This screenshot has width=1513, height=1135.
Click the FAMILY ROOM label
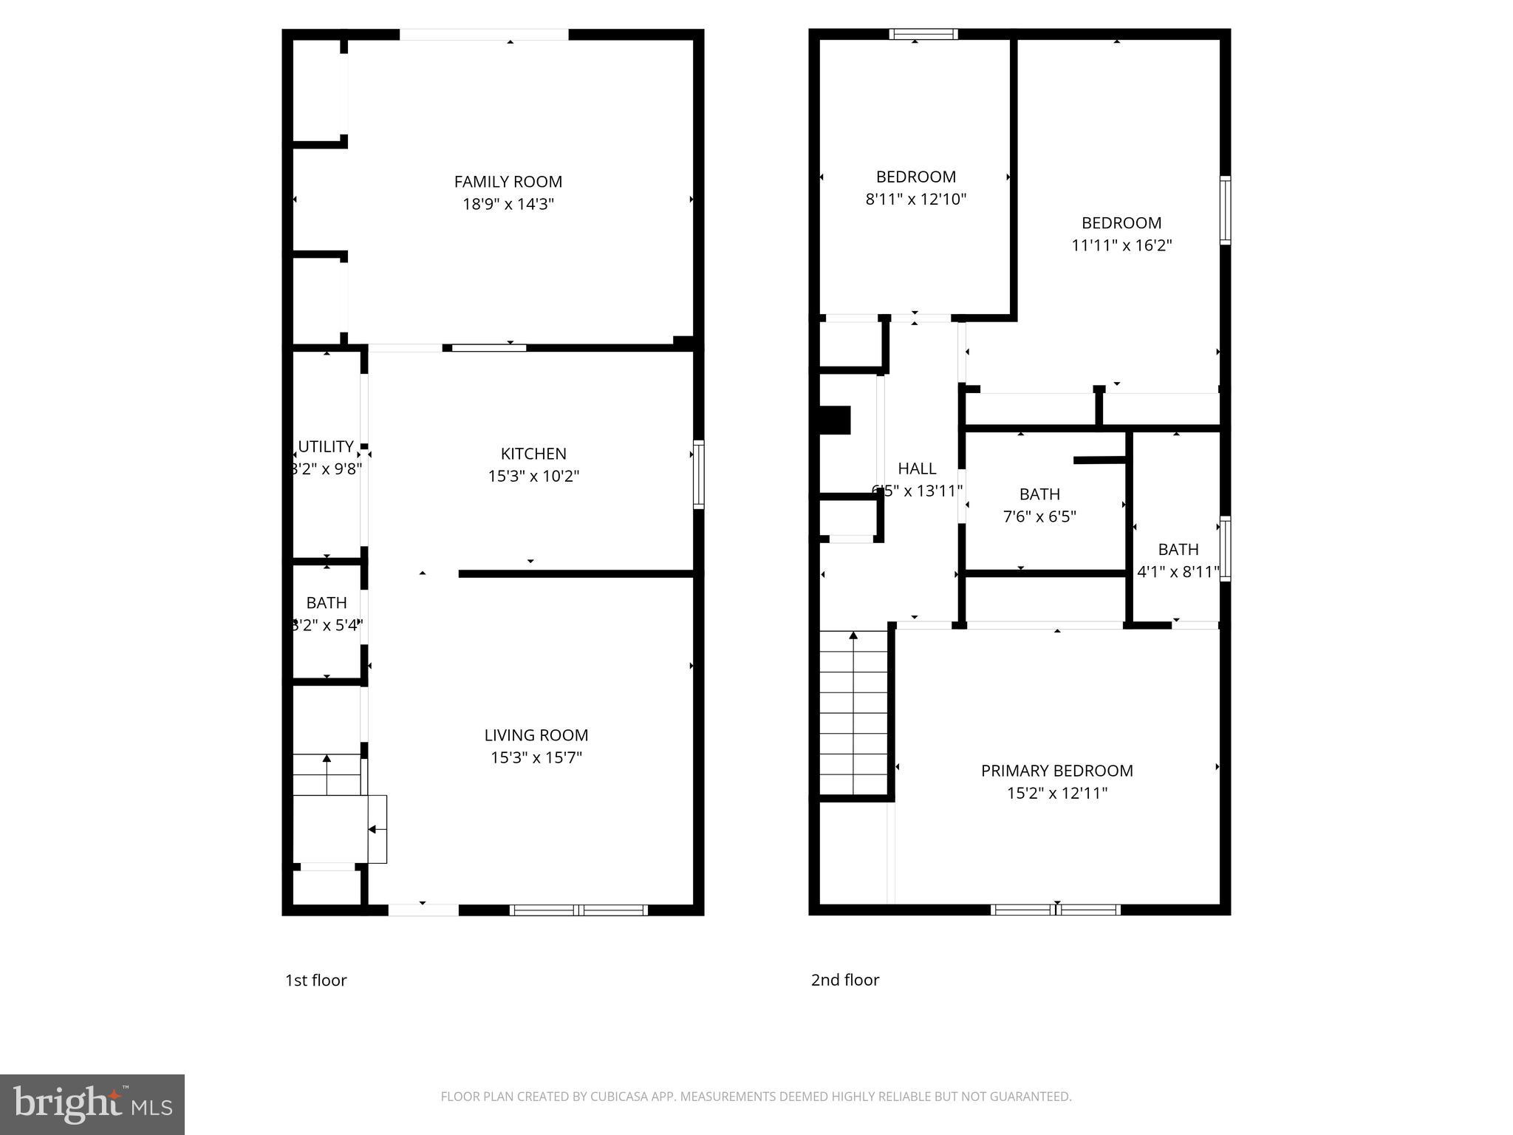click(x=508, y=182)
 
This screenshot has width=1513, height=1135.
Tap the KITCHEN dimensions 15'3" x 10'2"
click(x=533, y=477)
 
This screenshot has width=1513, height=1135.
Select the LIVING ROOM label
click(x=536, y=735)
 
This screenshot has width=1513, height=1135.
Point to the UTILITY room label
click(x=326, y=446)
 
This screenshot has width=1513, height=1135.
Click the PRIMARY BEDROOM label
click(x=1056, y=771)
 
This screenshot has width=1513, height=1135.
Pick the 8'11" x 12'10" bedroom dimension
click(x=915, y=200)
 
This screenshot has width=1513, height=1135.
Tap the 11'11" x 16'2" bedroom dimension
click(x=1121, y=245)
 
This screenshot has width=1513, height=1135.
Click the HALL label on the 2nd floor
click(x=917, y=468)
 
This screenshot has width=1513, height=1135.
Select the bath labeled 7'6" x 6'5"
click(x=1039, y=505)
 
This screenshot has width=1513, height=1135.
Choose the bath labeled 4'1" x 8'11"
click(x=1178, y=561)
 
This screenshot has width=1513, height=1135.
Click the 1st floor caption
click(x=315, y=980)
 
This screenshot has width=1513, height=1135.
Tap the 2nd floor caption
click(x=844, y=980)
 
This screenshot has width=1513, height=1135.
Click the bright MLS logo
click(x=92, y=1104)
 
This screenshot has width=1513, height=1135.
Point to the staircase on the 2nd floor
click(x=853, y=712)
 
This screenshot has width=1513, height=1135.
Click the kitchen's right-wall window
click(x=698, y=474)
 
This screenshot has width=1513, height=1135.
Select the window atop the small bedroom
click(x=923, y=34)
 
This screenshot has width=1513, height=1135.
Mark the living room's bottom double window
click(x=578, y=910)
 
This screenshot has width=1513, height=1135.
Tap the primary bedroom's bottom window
click(x=1055, y=910)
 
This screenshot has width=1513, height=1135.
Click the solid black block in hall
click(x=836, y=420)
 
